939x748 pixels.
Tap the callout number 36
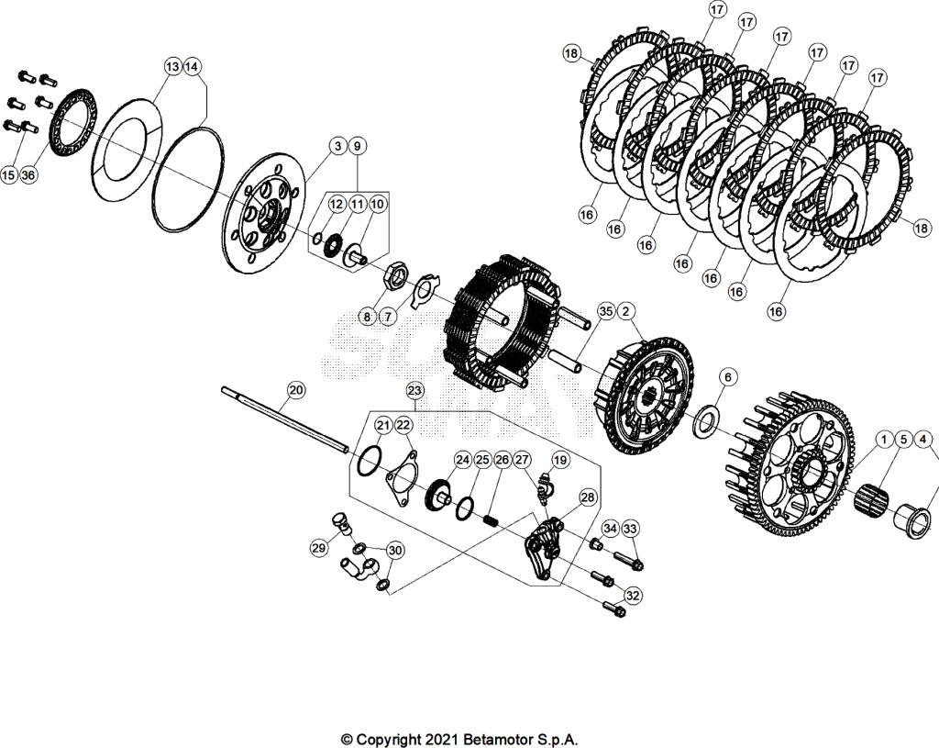pos(29,174)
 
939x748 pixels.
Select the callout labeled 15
pos(9,174)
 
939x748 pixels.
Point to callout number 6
pos(727,376)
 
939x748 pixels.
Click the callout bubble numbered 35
pos(605,311)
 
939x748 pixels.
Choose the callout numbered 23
pos(414,390)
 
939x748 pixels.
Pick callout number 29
pos(318,548)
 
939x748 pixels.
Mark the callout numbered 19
pos(560,459)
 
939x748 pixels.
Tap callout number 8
pos(367,317)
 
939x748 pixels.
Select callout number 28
pos(587,497)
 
